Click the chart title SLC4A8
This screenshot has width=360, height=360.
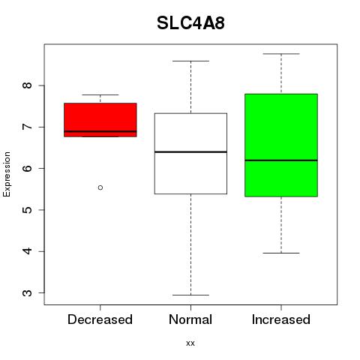(x=190, y=23)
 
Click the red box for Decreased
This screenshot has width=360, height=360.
(x=100, y=120)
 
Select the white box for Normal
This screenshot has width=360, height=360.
(x=190, y=154)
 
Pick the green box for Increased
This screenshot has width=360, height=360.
(x=281, y=145)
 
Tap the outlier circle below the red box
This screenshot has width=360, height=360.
(x=100, y=187)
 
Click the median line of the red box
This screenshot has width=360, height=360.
(x=100, y=131)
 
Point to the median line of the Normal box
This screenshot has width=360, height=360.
(x=190, y=151)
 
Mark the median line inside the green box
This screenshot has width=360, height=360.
(x=281, y=160)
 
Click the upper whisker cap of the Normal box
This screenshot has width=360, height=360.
(x=190, y=61)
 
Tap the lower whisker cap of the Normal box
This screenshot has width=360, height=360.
(x=190, y=295)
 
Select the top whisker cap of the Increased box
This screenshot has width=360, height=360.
(x=281, y=54)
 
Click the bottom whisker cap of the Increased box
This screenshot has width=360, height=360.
(x=281, y=253)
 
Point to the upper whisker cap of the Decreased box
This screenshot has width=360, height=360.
(x=100, y=94)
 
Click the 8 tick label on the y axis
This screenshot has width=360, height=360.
(x=28, y=85)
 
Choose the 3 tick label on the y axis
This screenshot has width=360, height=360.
(x=28, y=292)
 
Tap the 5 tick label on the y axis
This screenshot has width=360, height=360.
(x=28, y=210)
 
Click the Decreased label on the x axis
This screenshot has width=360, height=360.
(x=100, y=319)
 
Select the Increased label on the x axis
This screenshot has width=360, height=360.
(x=281, y=319)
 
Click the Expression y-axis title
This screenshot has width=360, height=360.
(x=7, y=174)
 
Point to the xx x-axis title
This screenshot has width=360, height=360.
(x=190, y=343)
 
